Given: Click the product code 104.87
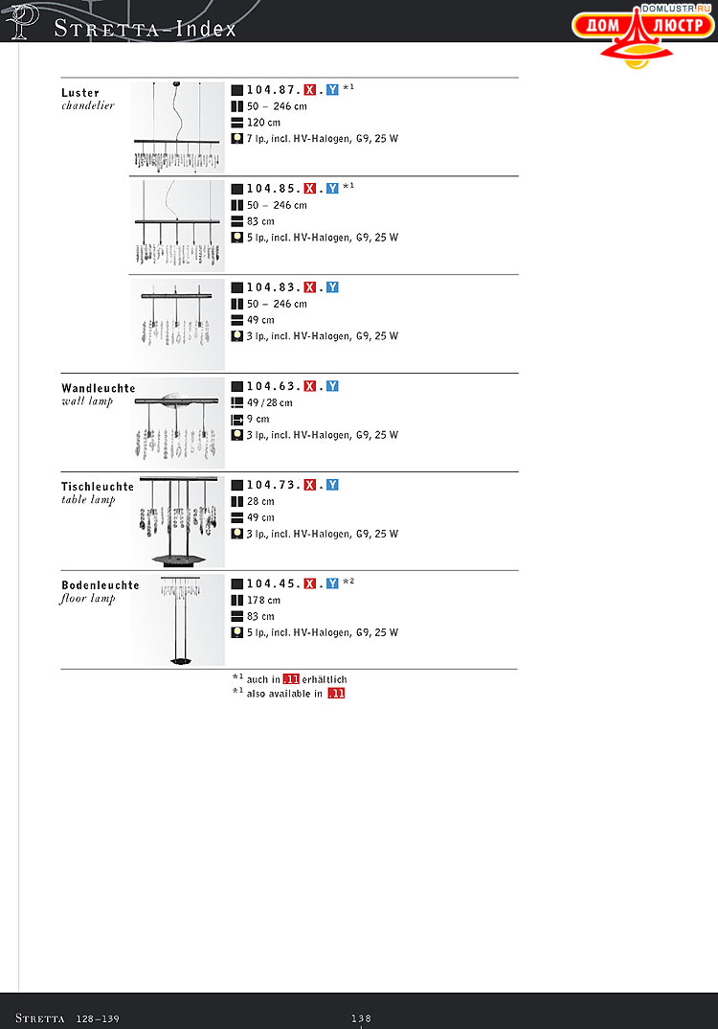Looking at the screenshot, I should tap(273, 90).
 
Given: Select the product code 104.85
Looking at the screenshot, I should tap(273, 189).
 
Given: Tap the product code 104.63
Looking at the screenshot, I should tap(273, 386).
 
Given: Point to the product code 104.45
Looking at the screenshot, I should tap(273, 583).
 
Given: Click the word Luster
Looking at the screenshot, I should tap(80, 93).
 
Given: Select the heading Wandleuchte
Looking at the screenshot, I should tap(99, 388).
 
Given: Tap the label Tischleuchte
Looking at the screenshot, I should tap(98, 487).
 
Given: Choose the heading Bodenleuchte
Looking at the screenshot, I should tap(101, 585).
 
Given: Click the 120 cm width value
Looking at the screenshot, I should tap(263, 123).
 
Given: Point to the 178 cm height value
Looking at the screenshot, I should tap(263, 600).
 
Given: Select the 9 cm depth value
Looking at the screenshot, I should tap(258, 419).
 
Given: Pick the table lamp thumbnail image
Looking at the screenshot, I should tap(178, 521).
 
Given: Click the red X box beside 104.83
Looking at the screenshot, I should tap(310, 287).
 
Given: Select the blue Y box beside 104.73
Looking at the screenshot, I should tap(332, 485).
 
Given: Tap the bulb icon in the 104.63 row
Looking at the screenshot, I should tap(236, 435).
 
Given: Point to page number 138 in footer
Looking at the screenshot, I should tap(361, 1018).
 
